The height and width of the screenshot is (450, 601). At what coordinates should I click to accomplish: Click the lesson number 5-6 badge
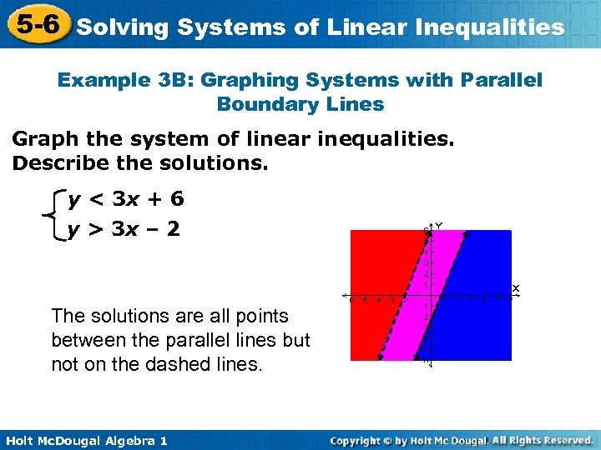click(x=35, y=24)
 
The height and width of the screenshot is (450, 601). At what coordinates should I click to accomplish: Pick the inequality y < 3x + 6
click(x=126, y=199)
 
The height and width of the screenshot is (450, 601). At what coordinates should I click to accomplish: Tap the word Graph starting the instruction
click(x=41, y=138)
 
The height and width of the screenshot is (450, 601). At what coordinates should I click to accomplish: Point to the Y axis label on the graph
click(x=438, y=225)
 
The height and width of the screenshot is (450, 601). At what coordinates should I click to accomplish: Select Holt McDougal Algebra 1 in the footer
click(x=85, y=440)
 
